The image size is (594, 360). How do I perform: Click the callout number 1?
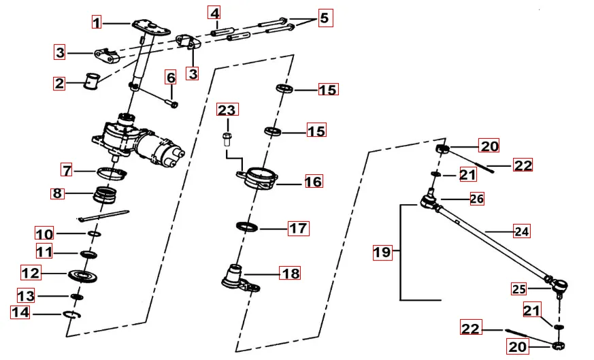(97, 22)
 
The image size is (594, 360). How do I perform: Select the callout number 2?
(60, 84)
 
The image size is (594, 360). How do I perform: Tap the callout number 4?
(214, 14)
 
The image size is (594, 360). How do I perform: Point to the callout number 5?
(324, 18)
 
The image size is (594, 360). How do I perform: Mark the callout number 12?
(30, 274)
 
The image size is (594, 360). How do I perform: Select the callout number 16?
(313, 182)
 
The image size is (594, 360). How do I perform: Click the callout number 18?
(291, 273)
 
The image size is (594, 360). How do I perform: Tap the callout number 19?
(382, 252)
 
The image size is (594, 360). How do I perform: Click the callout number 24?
(521, 231)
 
